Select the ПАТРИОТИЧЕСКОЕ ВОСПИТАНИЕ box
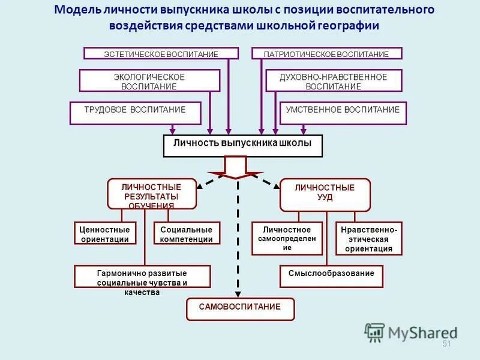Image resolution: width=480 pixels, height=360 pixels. coord(326,53)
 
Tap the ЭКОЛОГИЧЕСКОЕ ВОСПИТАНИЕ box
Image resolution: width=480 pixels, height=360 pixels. coord(149,81)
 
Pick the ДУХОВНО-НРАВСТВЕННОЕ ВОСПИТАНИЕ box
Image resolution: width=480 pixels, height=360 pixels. coord(333,81)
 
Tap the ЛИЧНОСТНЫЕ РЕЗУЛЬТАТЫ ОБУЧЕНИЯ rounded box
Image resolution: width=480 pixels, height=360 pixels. coord(152,194)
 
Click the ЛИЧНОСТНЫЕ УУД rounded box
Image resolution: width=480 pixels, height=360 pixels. coord(325,194)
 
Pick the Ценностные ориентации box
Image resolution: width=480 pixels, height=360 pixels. coord(104,234)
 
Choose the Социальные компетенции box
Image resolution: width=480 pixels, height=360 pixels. coord(187,234)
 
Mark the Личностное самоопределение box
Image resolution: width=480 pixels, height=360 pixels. coord(287,238)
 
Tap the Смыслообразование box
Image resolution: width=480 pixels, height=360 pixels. coord(331,276)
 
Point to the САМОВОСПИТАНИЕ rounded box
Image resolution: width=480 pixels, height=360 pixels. coord(241,308)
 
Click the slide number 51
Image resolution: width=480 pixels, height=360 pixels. coord(446,343)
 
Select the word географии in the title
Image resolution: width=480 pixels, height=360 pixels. coord(348,26)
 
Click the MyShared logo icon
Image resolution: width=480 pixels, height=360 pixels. coord(374,332)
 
